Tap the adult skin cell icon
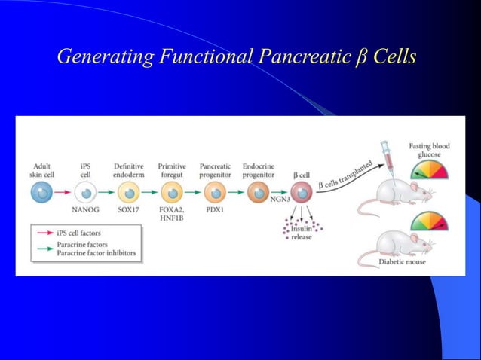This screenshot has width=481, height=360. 42,192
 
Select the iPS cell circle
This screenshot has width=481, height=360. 87,193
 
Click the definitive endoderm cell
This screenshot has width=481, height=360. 129,193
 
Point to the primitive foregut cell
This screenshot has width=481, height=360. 172,193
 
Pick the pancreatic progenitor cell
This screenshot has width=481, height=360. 215,193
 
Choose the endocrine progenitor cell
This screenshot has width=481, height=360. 258,193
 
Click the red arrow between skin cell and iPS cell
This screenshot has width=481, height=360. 64,193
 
